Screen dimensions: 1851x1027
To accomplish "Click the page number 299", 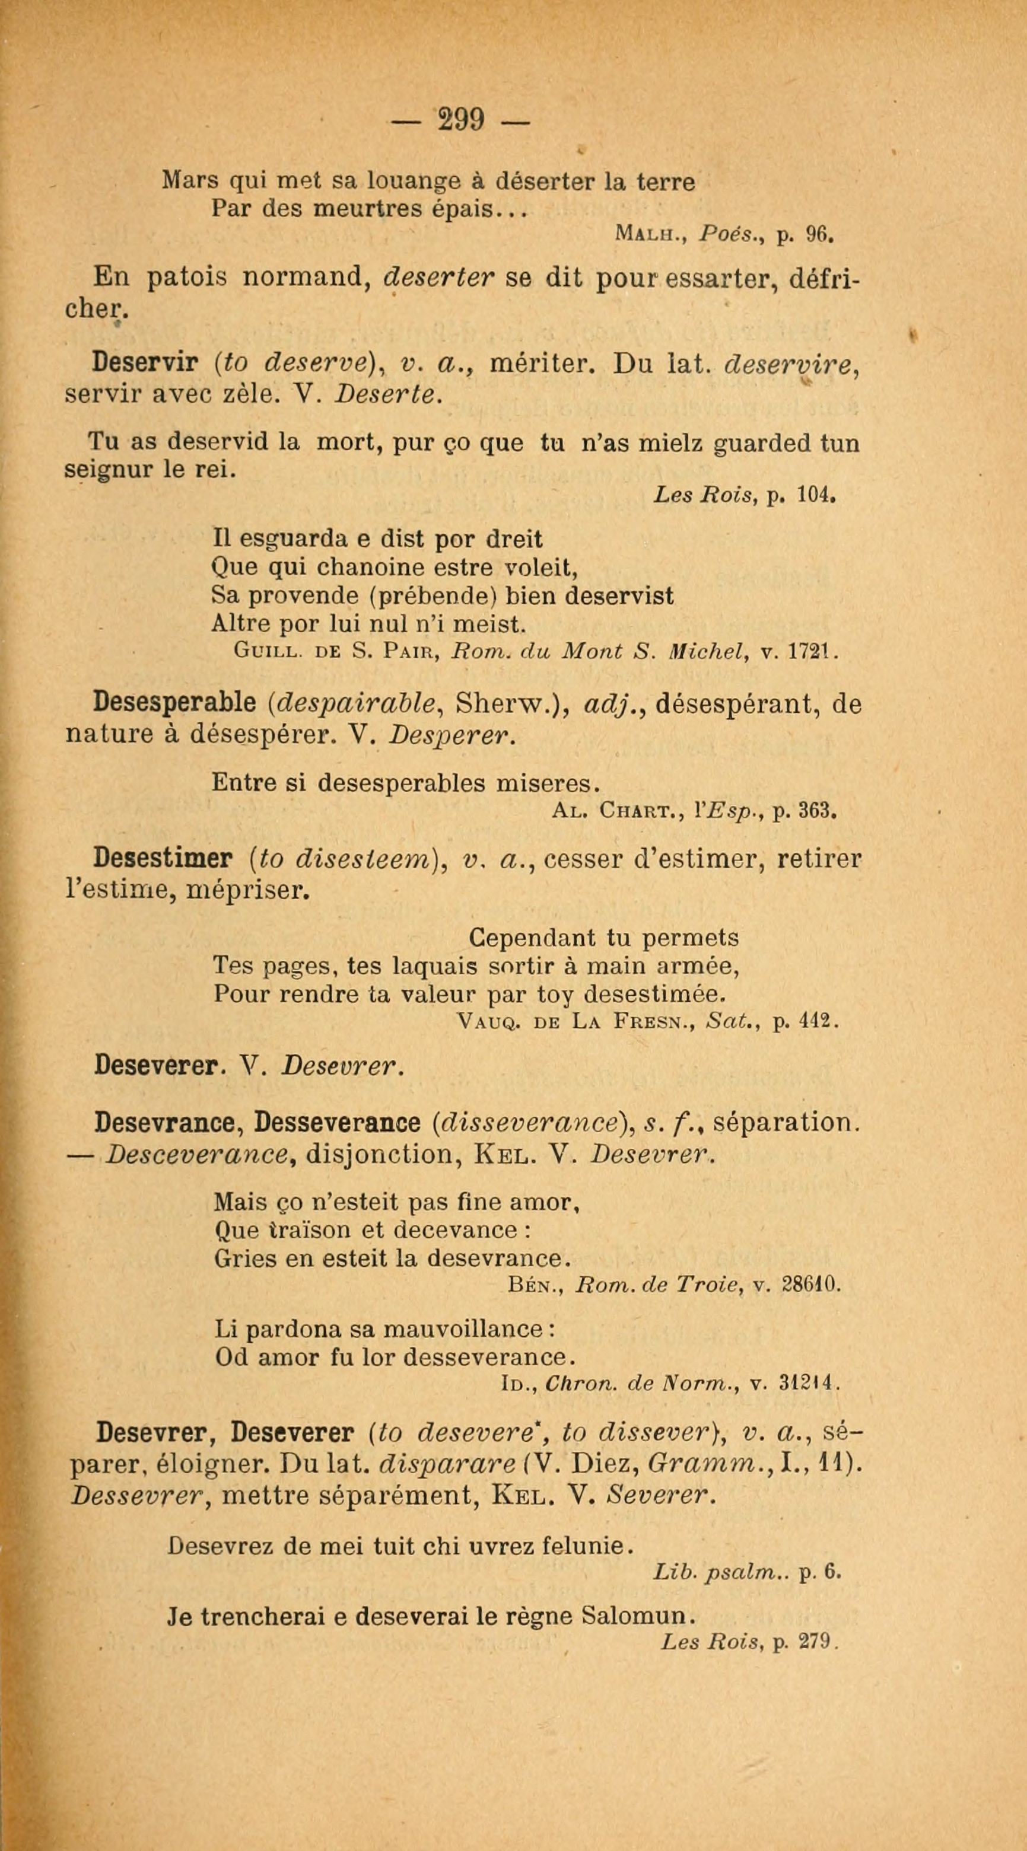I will [460, 120].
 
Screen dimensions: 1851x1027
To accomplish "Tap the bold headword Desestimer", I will [163, 859].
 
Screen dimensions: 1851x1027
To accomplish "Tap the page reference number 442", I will [816, 1021].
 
